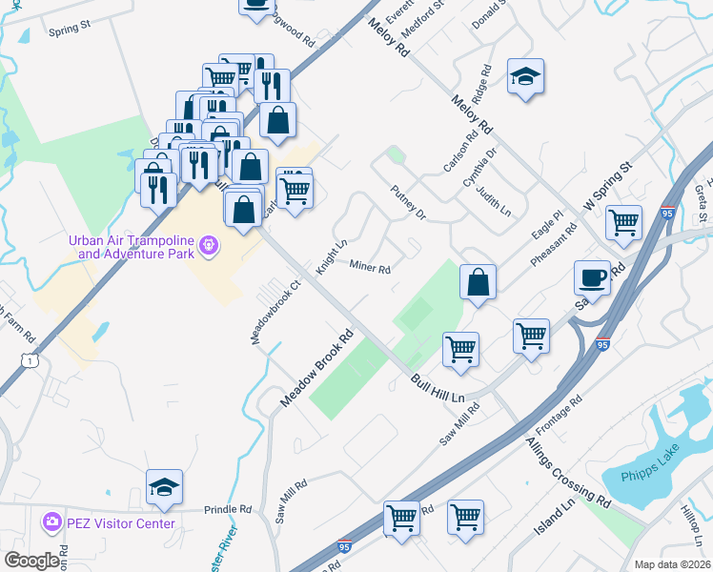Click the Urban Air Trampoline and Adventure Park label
131,246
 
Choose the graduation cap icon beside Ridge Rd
524,76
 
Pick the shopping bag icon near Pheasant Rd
479,282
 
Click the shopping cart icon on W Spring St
623,222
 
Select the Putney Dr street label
408,203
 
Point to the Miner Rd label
370,268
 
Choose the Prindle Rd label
225,509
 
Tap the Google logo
31,561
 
